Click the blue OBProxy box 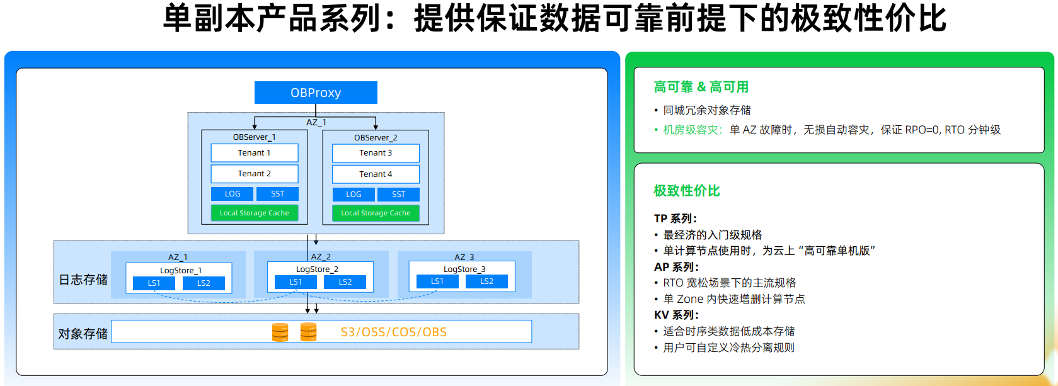point(316,93)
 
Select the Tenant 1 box point(254,153)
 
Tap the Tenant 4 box point(376,174)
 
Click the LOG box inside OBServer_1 point(233,194)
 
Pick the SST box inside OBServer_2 point(398,195)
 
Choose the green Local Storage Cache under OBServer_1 point(254,213)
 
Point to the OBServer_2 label point(376,137)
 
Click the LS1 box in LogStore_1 point(154,283)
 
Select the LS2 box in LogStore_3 point(486,281)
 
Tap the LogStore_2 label point(317,269)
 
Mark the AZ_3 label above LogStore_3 point(464,257)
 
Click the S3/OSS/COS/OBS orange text point(393,332)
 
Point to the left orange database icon point(280,332)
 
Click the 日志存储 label point(83,280)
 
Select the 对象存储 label point(83,334)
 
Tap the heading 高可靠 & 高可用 point(701,87)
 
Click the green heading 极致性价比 point(686,191)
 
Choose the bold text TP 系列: point(675,219)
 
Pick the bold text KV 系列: point(676,315)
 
